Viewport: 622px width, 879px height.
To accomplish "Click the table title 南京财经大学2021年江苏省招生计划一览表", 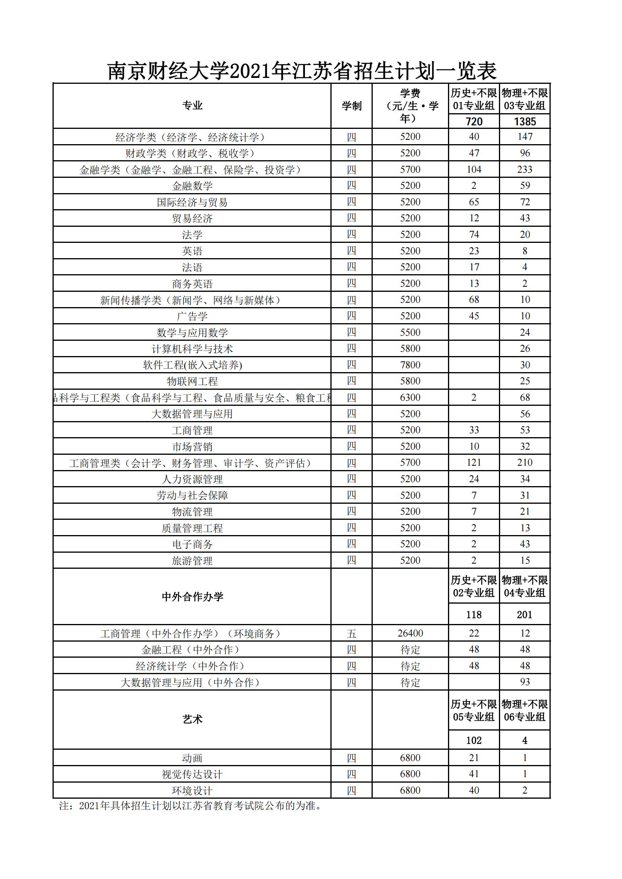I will pos(302,71).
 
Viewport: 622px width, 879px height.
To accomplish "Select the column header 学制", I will pos(351,106).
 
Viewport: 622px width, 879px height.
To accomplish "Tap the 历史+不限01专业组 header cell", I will pos(473,99).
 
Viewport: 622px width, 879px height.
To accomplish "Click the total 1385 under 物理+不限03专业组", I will pos(524,121).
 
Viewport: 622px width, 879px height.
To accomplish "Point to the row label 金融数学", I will pos(192,186).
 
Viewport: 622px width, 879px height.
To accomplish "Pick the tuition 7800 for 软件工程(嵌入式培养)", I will pos(410,365).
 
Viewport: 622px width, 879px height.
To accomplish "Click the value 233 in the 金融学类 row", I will pos(524,169).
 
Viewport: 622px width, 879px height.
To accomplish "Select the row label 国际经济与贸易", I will pos(192,202).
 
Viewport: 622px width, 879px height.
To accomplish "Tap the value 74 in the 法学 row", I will pos(474,234).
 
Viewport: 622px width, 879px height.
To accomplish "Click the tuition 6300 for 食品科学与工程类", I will pos(410,397).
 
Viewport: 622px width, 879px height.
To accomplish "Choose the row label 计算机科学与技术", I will pos(192,349).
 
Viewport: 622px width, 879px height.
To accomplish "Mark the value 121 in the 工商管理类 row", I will pos(474,463).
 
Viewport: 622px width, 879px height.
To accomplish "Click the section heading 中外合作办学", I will pos(192,597).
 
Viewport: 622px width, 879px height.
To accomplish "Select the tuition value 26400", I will pos(410,633).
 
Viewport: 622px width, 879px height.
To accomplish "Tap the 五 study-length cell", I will pos(351,633).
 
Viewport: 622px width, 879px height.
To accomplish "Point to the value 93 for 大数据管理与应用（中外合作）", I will pos(524,682).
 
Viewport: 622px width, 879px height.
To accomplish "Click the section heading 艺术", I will pos(192,719).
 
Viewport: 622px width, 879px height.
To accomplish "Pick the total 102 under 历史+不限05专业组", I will pos(474,740).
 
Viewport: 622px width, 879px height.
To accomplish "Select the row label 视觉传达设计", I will pos(192,774).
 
